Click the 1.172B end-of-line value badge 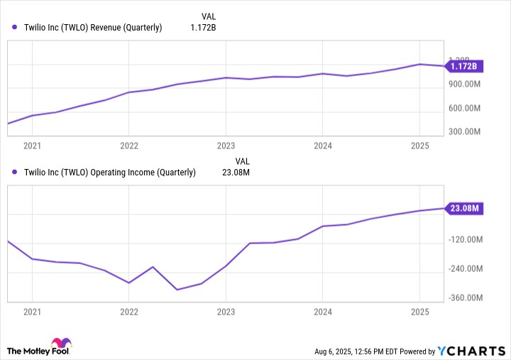point(464,67)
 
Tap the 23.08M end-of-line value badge point(464,208)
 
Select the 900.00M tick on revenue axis point(465,84)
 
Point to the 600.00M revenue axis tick point(465,108)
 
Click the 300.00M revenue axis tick point(465,131)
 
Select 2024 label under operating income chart point(323,312)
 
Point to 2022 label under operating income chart point(128,312)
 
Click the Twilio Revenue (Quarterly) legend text point(93,28)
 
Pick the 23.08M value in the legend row point(236,172)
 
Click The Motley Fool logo point(40,348)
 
